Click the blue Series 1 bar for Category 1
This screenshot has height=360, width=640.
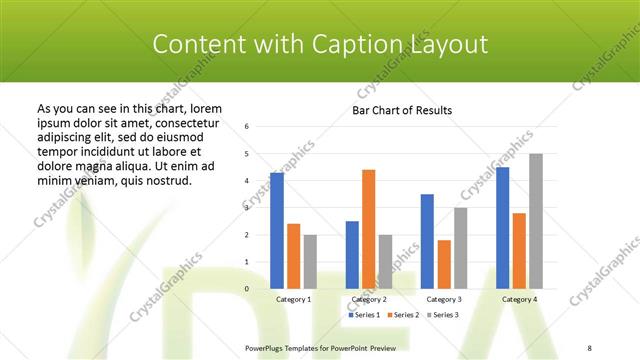(x=277, y=231)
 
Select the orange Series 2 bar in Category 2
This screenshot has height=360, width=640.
(x=368, y=229)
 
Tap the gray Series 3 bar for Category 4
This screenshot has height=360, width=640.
(x=536, y=221)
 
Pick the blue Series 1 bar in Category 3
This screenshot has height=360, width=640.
(x=427, y=242)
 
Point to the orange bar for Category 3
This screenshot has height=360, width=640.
(x=444, y=264)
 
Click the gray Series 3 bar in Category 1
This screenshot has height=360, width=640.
(x=310, y=262)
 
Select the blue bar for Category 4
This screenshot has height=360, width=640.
(x=502, y=228)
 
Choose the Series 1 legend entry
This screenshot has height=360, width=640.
(x=365, y=315)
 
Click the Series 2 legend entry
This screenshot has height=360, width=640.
(x=402, y=315)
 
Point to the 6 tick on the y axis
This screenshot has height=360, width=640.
(x=247, y=127)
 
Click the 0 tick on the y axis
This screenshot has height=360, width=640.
(x=247, y=289)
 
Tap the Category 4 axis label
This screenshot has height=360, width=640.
(x=519, y=299)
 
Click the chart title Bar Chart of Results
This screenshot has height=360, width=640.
(x=402, y=110)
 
